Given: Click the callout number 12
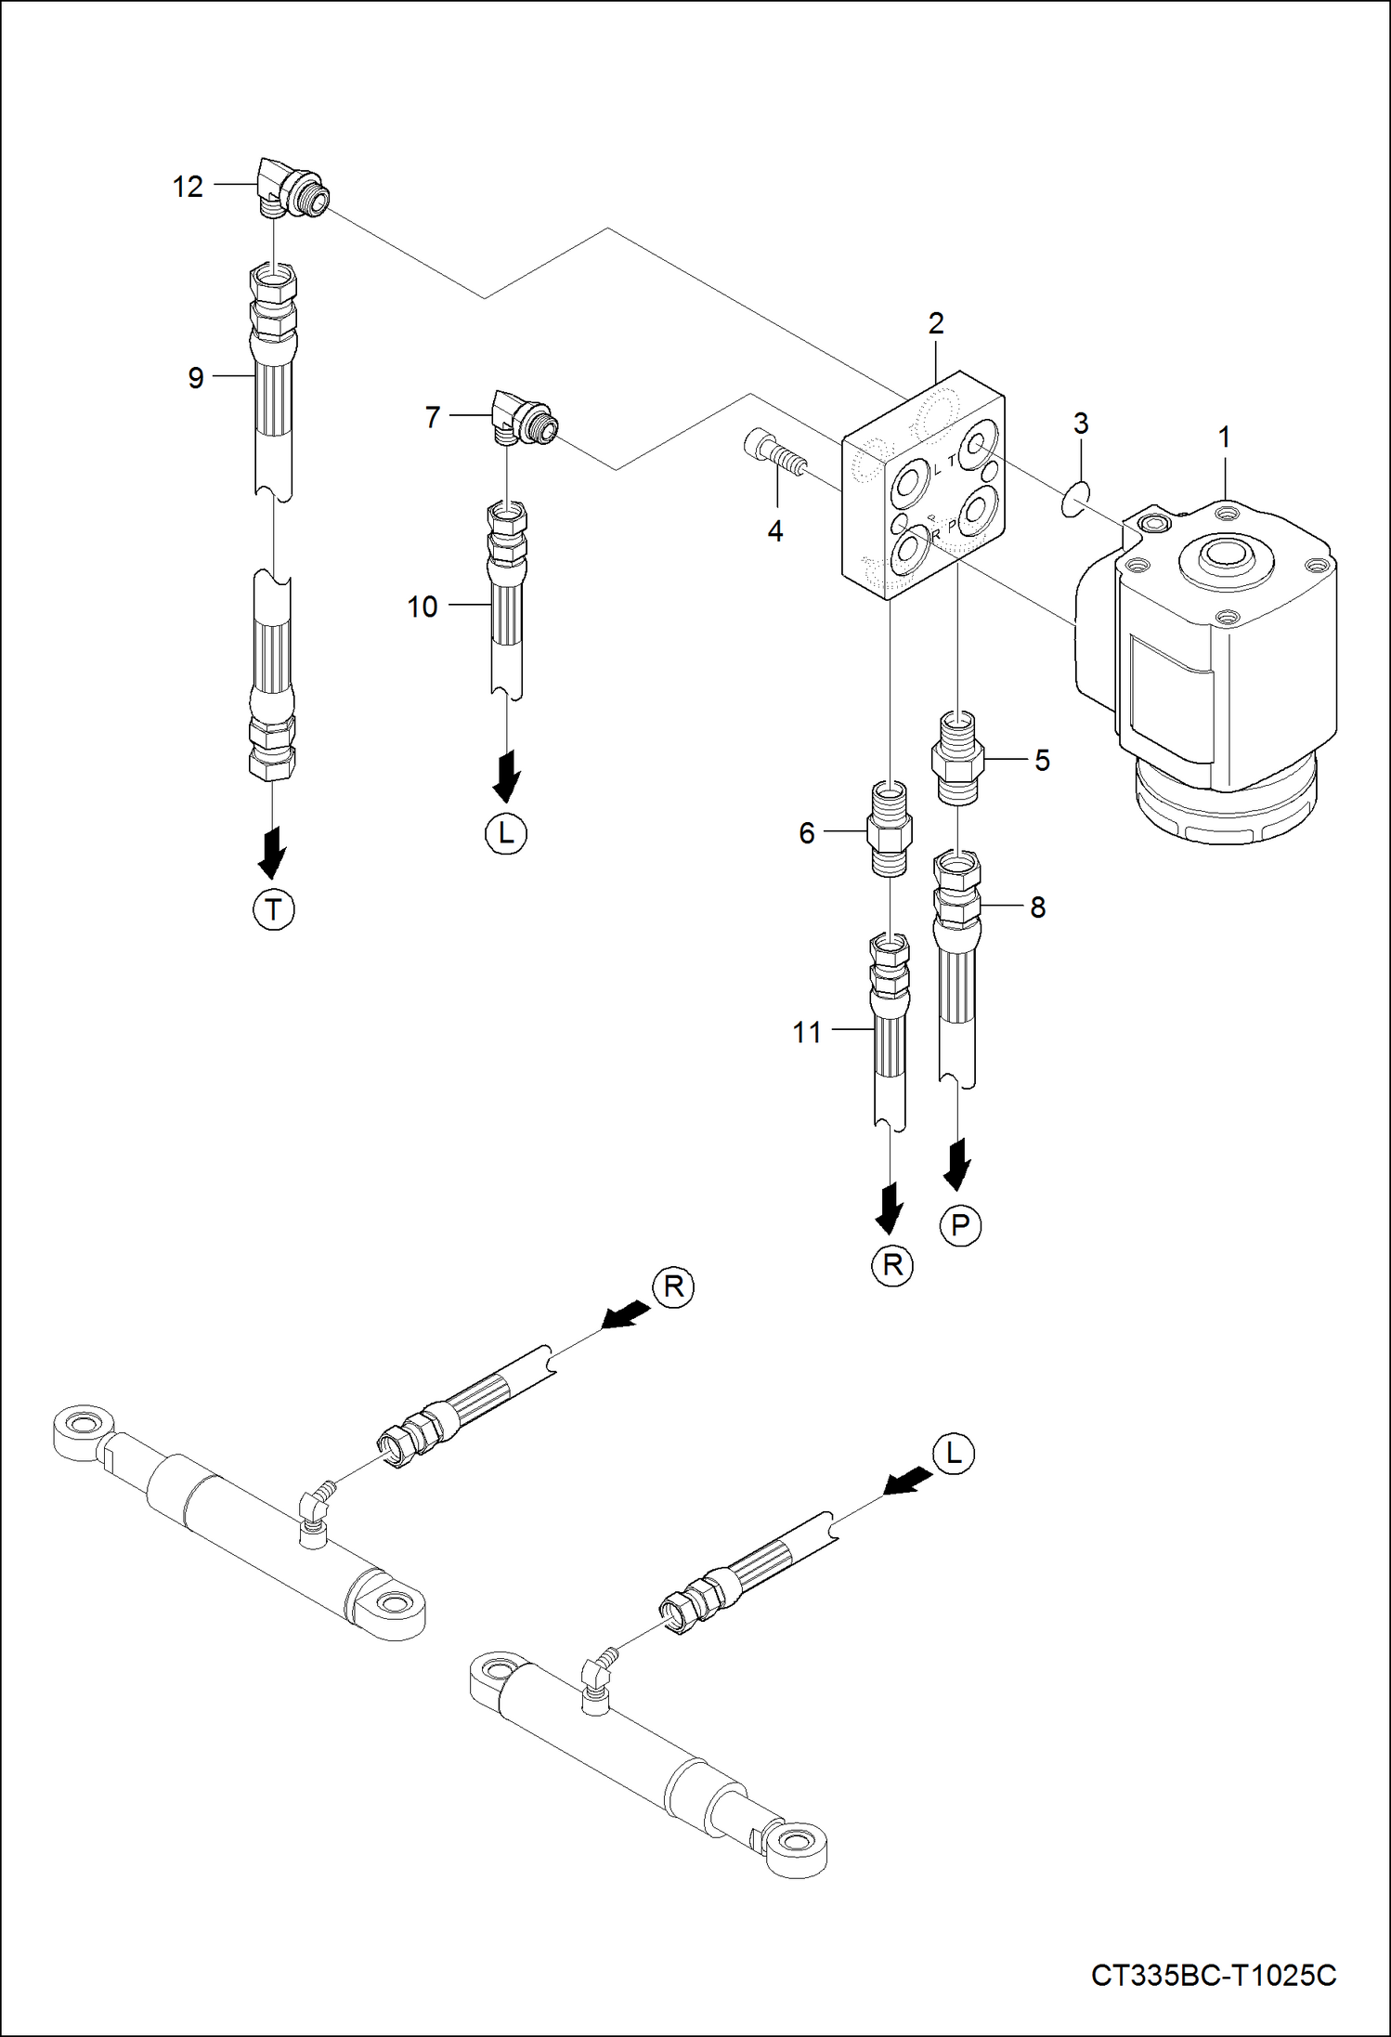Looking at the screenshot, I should pyautogui.click(x=188, y=187).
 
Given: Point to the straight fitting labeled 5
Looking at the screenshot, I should pyautogui.click(x=957, y=758).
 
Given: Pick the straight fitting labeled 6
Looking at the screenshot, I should pyautogui.click(x=890, y=829).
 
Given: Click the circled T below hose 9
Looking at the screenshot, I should pyautogui.click(x=273, y=909).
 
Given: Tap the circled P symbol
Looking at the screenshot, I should pyautogui.click(x=960, y=1226).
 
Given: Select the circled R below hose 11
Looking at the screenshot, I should pyautogui.click(x=892, y=1265).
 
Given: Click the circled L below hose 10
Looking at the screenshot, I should pyautogui.click(x=506, y=833).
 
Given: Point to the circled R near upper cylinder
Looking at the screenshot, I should pyautogui.click(x=674, y=1286).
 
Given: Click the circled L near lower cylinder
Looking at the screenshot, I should pyautogui.click(x=955, y=1454).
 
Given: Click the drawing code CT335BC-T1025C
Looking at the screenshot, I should pyautogui.click(x=1214, y=1975).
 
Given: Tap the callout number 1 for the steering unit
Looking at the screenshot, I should pyautogui.click(x=1224, y=437).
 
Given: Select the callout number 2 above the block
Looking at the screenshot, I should pyautogui.click(x=936, y=323).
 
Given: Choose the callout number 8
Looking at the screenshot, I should pyautogui.click(x=1038, y=907).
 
